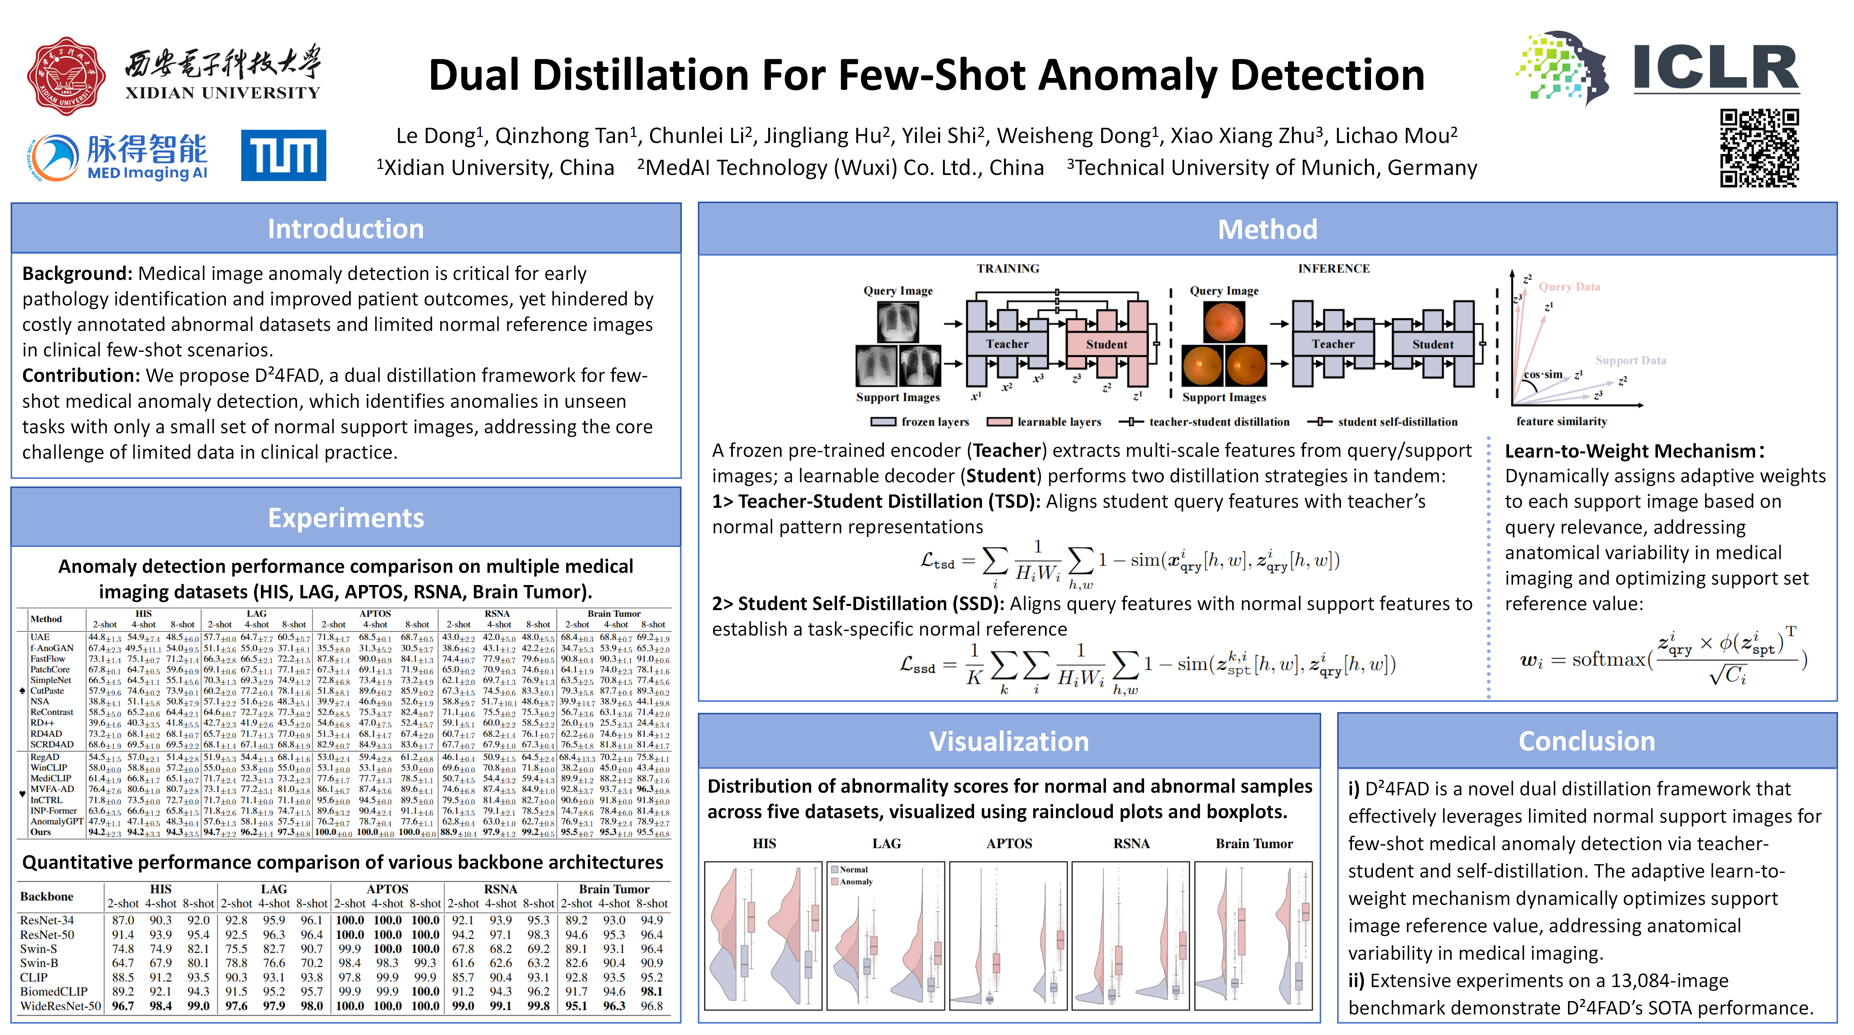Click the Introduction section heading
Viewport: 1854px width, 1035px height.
tap(345, 229)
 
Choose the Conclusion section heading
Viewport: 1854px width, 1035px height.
tap(1586, 741)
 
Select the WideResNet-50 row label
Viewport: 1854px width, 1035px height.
tap(60, 1005)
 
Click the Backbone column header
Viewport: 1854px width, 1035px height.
tap(47, 896)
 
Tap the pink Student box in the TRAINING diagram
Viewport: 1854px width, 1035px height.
tap(1106, 344)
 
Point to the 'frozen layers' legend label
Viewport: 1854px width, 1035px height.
tap(935, 422)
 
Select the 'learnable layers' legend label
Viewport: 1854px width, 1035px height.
tap(1059, 422)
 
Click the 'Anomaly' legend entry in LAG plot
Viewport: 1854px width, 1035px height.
tap(856, 882)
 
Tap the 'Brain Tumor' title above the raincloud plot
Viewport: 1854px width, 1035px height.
tap(1254, 844)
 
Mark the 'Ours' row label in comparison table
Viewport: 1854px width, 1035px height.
tap(41, 832)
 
